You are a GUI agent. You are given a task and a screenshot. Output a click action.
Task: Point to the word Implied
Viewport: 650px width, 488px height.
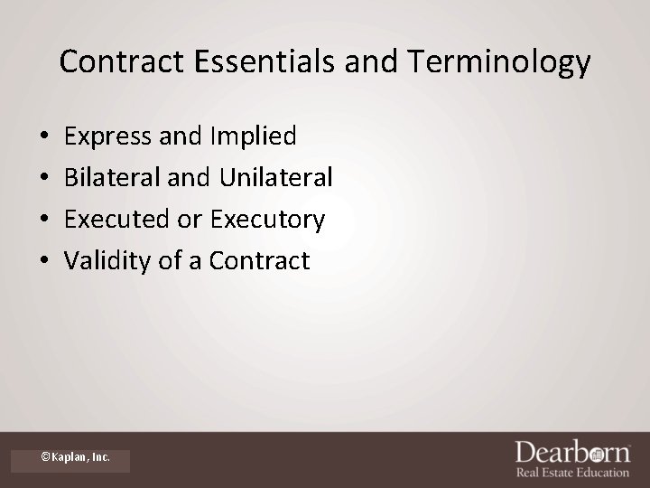253,136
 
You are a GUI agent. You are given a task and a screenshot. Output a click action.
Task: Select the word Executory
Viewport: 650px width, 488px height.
267,220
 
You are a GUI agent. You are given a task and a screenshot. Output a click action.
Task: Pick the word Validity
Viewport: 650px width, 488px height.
103,261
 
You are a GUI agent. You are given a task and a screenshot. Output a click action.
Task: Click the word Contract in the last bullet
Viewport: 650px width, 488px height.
259,261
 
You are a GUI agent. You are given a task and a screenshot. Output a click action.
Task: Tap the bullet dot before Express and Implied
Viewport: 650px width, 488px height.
44,137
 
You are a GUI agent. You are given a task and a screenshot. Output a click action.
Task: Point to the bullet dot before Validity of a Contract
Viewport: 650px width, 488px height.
44,262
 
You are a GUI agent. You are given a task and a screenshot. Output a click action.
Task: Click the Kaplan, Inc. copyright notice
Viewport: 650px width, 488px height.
76,457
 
